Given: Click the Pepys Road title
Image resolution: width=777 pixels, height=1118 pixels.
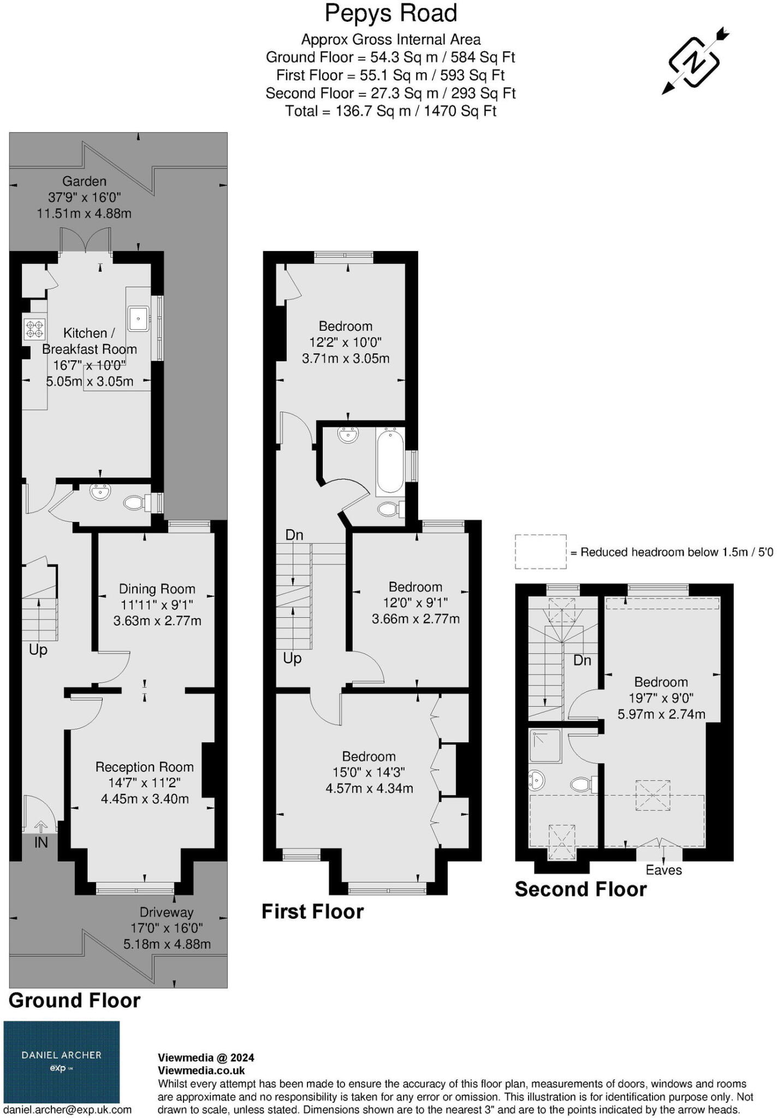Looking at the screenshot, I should point(390,14).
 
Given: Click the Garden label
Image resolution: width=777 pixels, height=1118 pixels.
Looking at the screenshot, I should point(84,181).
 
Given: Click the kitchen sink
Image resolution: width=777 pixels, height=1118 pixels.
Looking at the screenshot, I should point(139,319).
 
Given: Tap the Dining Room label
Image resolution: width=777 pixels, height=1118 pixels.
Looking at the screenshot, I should point(157,589).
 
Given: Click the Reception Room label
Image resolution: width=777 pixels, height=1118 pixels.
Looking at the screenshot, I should point(145,767).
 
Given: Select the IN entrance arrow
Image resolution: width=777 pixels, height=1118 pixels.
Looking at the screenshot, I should point(41,826).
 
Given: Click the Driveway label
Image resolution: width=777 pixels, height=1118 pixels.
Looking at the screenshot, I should point(167,912).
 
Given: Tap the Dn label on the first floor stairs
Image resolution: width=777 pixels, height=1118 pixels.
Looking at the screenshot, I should point(294,535).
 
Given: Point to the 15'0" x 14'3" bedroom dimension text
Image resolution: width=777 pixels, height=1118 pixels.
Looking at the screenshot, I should point(369,772).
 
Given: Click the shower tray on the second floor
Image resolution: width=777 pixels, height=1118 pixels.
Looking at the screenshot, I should point(545,746).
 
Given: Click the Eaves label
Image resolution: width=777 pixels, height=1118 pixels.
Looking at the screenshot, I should point(663,870).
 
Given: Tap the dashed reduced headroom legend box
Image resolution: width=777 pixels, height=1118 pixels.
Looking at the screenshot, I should point(541,552).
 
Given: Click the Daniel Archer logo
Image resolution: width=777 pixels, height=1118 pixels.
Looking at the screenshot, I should point(62,1062).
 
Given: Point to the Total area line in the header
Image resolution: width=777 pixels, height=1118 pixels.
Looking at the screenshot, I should point(390,111).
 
